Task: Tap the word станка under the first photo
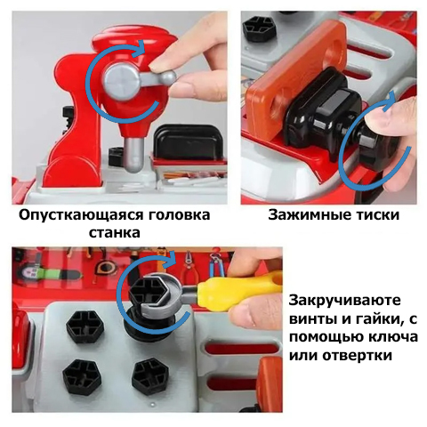(114, 233)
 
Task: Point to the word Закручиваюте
(345, 301)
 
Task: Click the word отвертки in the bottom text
(357, 355)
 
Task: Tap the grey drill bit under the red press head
(133, 156)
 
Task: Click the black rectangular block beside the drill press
(185, 141)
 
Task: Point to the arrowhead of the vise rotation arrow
(390, 101)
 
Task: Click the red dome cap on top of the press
(136, 38)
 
